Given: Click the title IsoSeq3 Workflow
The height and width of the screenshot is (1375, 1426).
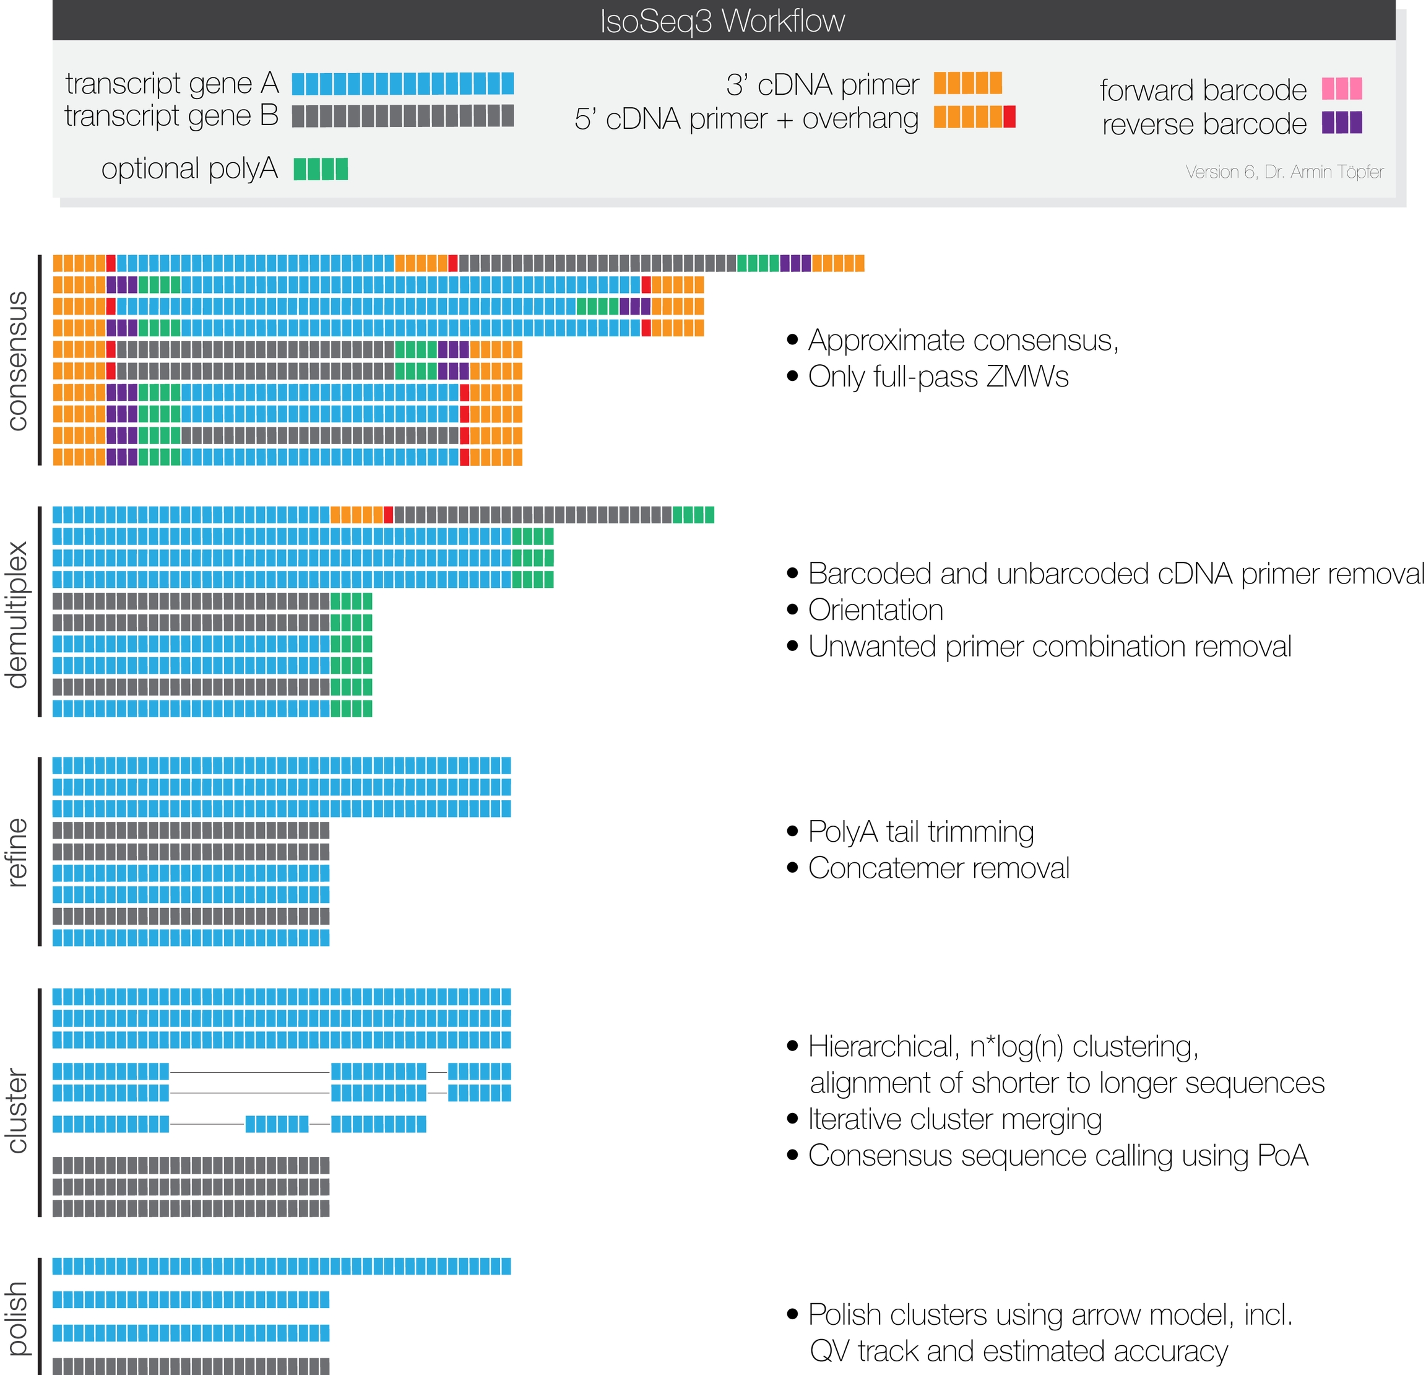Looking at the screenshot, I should [x=722, y=20].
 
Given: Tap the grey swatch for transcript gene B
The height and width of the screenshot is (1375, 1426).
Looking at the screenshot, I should [x=402, y=116].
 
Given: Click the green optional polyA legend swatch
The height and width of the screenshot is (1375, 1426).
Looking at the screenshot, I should [x=321, y=169].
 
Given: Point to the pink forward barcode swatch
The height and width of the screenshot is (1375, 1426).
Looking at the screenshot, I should [x=1342, y=89].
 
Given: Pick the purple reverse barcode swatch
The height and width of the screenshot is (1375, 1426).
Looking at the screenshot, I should [x=1342, y=122].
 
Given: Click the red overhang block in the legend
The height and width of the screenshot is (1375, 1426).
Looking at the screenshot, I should [x=1009, y=117].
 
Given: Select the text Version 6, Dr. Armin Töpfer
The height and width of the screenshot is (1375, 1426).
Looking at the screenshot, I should [x=1284, y=172].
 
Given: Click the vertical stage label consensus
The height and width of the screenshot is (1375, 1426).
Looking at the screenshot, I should [x=17, y=360].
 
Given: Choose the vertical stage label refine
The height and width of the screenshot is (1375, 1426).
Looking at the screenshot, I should [x=17, y=852].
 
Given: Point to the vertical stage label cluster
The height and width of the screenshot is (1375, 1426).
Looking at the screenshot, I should [x=17, y=1111].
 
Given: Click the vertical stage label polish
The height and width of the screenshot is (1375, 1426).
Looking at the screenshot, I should [x=17, y=1317].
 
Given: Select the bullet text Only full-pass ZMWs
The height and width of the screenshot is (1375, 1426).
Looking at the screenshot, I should [x=938, y=377].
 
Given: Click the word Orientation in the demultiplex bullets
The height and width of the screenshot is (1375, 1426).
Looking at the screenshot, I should [x=875, y=610].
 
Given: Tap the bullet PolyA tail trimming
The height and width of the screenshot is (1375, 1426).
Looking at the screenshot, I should [x=920, y=831].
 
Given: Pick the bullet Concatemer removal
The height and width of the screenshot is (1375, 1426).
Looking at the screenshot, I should [x=938, y=868].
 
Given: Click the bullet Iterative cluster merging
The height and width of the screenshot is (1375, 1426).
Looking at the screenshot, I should [x=954, y=1119].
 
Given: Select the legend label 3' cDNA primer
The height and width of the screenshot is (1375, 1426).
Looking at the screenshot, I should [x=822, y=84].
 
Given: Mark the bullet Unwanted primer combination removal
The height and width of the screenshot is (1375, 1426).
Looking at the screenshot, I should [x=1049, y=647].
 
